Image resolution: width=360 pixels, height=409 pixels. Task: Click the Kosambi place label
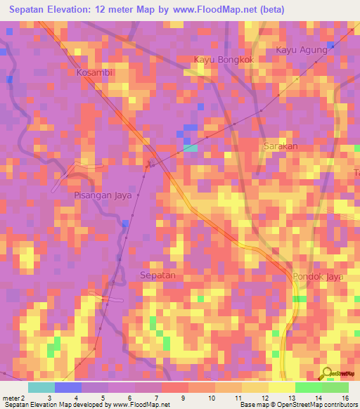[94, 72]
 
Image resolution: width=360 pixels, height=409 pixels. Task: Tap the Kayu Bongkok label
[223, 60]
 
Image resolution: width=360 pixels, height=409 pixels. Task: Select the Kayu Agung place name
[302, 51]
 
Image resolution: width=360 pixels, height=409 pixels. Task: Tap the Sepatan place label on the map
[157, 275]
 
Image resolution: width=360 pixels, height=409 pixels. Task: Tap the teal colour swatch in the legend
[41, 387]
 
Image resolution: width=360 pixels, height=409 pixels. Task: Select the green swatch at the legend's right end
[335, 387]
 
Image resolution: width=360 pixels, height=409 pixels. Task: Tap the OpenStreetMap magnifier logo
[326, 373]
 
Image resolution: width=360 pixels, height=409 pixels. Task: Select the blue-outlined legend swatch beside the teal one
[67, 387]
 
